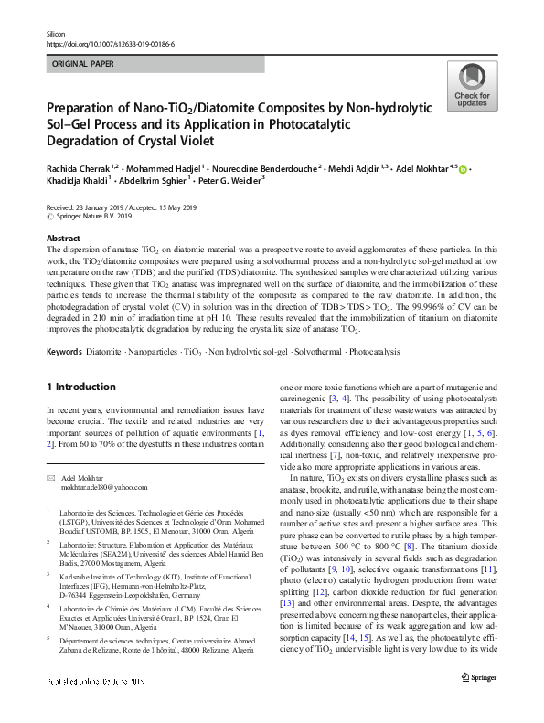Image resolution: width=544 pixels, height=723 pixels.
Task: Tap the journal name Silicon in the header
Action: click(56, 33)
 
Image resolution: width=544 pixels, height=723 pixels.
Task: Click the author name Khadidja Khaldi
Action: click(80, 180)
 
